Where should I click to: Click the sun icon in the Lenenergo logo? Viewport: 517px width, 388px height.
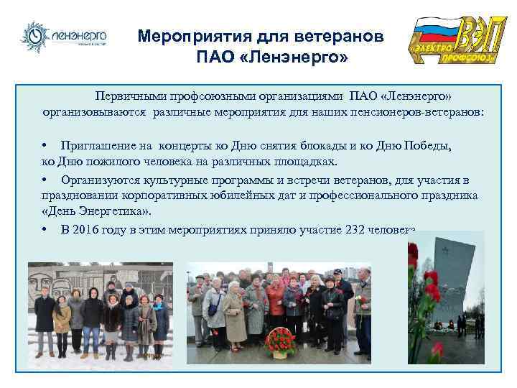pos(34,37)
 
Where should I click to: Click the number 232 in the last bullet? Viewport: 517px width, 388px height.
pos(350,230)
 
